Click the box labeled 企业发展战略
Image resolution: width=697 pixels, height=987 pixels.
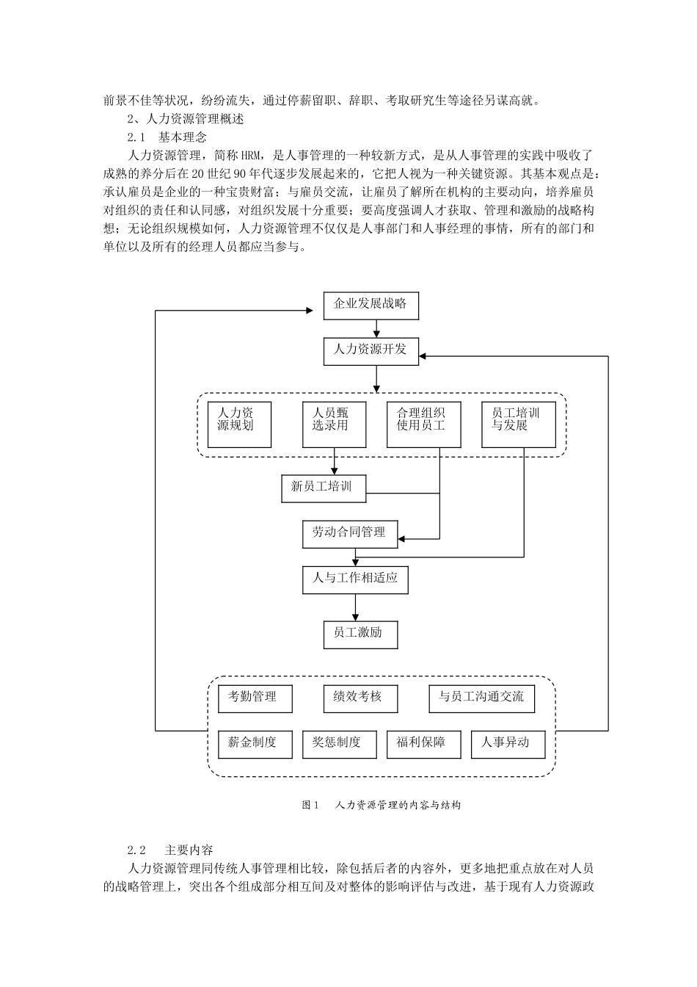pos(371,305)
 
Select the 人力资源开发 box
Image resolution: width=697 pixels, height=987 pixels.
pos(371,350)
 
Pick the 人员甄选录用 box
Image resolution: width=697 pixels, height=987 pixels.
pos(334,424)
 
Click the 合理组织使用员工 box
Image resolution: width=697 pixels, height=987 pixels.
pos(424,424)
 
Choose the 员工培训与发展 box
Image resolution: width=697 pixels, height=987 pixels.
pos(518,424)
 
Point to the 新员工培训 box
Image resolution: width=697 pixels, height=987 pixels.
pos(324,488)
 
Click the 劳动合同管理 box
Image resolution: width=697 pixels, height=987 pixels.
pos(349,534)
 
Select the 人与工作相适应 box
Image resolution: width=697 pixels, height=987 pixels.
pos(355,579)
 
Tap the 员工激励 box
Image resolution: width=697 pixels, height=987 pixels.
pos(360,634)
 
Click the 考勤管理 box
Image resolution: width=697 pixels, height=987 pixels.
pos(255,698)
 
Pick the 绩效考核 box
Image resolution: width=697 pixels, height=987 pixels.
pos(360,698)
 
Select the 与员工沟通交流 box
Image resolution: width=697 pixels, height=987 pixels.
pos(481,698)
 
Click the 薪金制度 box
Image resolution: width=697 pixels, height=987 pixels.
pos(255,744)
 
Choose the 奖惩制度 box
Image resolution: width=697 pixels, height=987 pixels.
pos(340,744)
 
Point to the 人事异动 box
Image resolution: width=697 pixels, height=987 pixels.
pos(508,744)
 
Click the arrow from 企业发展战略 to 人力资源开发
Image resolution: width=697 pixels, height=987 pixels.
pos(377,328)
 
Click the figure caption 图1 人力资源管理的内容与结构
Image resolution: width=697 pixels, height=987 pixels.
pos(381,806)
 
